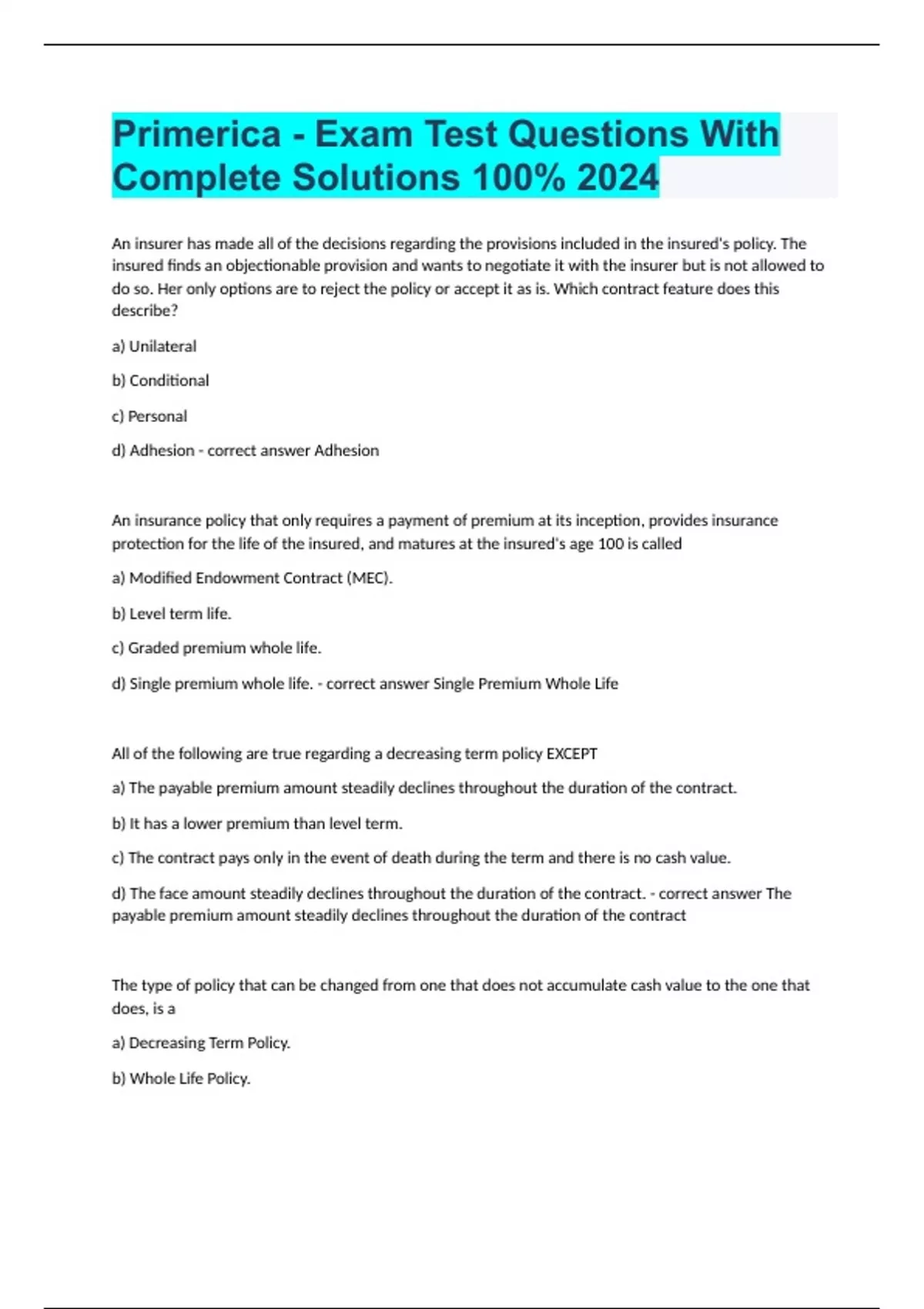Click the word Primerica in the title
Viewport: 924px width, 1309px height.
pos(197,134)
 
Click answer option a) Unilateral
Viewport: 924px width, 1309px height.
pos(154,346)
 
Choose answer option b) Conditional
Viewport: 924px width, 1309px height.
pos(160,380)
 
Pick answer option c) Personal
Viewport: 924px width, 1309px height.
pos(149,416)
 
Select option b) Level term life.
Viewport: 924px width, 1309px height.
pos(172,614)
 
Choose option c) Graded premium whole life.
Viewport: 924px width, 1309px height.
pos(216,648)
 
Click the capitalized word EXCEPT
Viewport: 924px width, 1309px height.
pos(571,754)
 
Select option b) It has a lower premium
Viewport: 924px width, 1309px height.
pos(257,824)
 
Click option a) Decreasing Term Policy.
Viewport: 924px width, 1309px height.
pos(201,1043)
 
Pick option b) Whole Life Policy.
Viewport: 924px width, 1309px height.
pos(181,1079)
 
